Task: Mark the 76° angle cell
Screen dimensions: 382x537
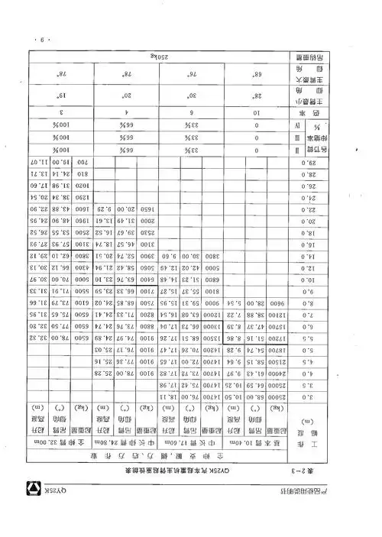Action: pyautogui.click(x=183, y=77)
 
